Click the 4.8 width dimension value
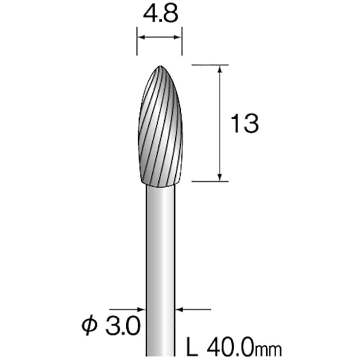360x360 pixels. (159, 15)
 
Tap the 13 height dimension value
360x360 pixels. (244, 123)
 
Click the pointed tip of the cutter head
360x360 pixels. (160, 67)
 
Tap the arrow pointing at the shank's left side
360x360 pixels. (142, 309)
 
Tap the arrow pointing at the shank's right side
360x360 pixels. (179, 309)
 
